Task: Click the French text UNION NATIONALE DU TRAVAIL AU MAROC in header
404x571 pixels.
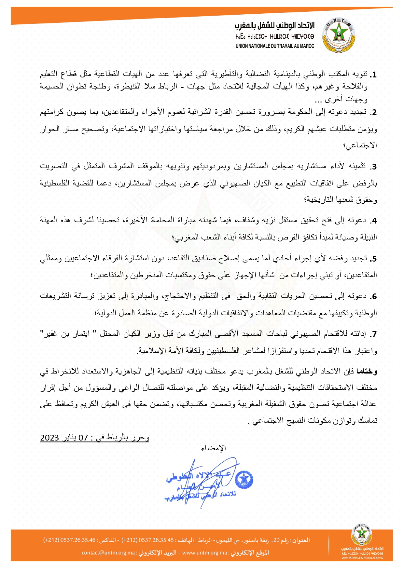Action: pyautogui.click(x=275, y=46)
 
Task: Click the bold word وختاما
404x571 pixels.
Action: pyautogui.click(x=367, y=372)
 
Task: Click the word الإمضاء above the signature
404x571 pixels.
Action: pyautogui.click(x=214, y=448)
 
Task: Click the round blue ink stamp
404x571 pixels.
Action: pyautogui.click(x=244, y=479)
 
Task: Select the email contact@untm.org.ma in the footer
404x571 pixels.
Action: pyautogui.click(x=108, y=553)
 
